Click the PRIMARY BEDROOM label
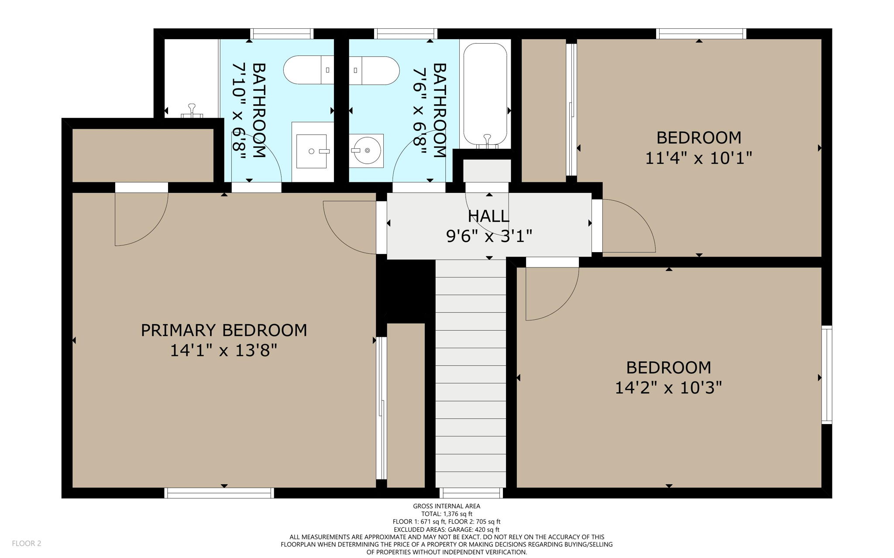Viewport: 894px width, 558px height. click(x=223, y=330)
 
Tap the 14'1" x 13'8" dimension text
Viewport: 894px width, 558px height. click(x=223, y=350)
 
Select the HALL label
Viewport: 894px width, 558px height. click(x=488, y=216)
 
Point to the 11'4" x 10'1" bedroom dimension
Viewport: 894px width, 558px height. click(x=698, y=158)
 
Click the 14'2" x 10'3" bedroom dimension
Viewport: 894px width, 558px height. click(x=668, y=387)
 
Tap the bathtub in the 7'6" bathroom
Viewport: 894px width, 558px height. click(x=485, y=94)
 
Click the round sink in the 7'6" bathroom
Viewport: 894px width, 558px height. click(x=367, y=151)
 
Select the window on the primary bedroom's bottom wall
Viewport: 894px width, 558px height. click(x=219, y=493)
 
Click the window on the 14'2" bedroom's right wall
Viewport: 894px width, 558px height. click(x=826, y=374)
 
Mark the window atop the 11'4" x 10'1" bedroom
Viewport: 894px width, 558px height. click(x=701, y=34)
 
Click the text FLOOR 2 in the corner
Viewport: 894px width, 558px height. click(x=27, y=543)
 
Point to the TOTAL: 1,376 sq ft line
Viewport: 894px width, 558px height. click(x=447, y=514)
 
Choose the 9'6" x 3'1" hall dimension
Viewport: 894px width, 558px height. click(x=489, y=236)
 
